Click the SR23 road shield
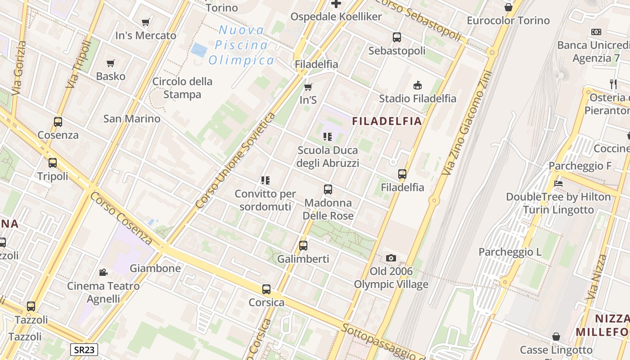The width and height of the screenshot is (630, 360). (x=84, y=349)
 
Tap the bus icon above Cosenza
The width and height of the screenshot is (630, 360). (x=58, y=121)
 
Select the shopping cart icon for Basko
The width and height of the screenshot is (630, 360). (x=111, y=63)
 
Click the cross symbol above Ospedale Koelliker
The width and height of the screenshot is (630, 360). (x=336, y=4)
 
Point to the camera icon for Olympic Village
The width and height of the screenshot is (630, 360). (x=391, y=258)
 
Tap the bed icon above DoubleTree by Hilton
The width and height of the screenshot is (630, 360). (x=558, y=183)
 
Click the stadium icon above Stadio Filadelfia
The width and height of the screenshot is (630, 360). (x=418, y=85)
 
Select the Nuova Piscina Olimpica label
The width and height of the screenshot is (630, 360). (x=241, y=45)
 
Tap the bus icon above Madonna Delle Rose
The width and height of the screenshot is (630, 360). (x=328, y=189)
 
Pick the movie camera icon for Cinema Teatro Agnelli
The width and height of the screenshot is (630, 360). (x=103, y=272)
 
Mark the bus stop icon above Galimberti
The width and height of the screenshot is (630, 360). (x=303, y=246)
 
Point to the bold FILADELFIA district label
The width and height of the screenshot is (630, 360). (x=387, y=121)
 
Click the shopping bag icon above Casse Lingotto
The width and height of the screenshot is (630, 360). (x=556, y=337)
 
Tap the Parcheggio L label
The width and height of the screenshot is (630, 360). (x=510, y=252)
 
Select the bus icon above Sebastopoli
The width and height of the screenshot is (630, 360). (x=397, y=37)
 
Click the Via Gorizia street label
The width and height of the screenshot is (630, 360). (x=19, y=68)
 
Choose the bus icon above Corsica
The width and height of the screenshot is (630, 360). (x=266, y=289)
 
